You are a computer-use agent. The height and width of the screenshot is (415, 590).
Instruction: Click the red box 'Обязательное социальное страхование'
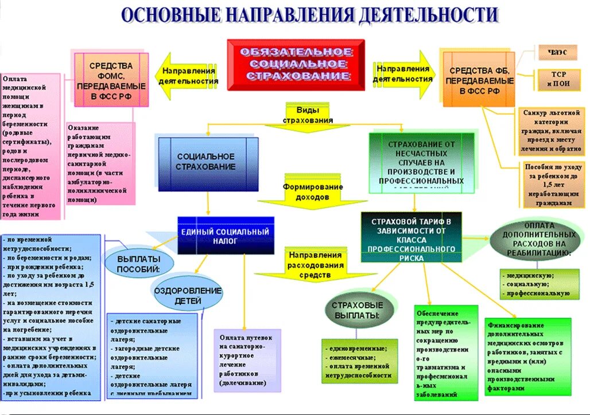[x=296, y=64]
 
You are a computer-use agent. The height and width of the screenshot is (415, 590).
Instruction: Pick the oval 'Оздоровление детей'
[x=187, y=295]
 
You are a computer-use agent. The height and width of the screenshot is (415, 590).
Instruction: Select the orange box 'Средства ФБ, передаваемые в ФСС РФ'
[x=480, y=79]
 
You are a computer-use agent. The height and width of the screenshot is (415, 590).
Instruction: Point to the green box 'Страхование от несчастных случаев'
[x=421, y=162]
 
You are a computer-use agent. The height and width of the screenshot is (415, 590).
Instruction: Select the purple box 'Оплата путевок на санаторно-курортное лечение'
[x=247, y=360]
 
